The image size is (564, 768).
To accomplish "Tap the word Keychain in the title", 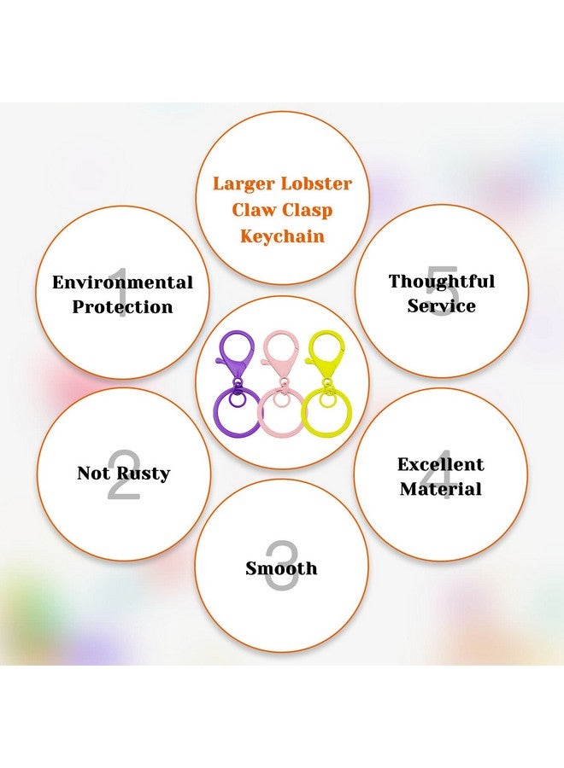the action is point(283,236).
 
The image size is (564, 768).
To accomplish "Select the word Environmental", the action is point(122,282).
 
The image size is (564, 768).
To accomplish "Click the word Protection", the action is point(122,307).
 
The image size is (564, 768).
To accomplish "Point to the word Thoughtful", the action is point(442,281).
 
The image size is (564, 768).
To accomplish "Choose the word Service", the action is point(442,305).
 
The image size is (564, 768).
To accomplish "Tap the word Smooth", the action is point(281,568).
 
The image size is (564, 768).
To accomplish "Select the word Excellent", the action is point(441,464).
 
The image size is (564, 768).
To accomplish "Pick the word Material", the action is point(441,489).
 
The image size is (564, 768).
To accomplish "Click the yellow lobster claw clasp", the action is point(325,353).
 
